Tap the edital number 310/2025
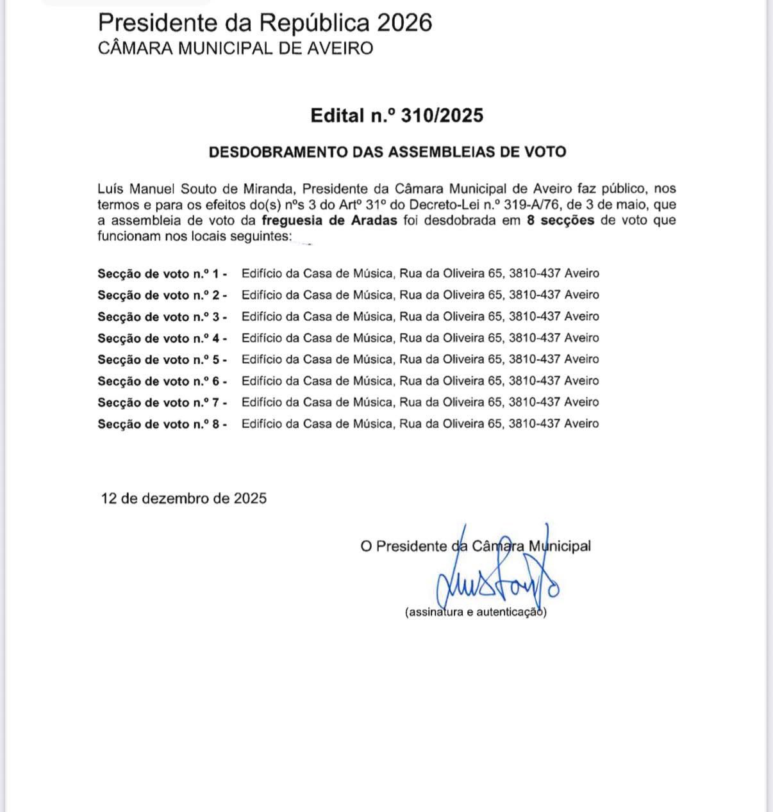[442, 115]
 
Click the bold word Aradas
[374, 221]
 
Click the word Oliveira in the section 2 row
[461, 295]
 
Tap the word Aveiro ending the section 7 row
[581, 402]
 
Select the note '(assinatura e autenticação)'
[476, 612]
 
